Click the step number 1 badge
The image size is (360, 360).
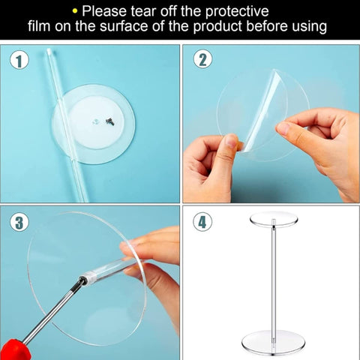(x=19, y=61)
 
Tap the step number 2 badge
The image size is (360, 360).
(x=202, y=59)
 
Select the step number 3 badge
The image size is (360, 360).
(x=19, y=222)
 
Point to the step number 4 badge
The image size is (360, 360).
(x=202, y=222)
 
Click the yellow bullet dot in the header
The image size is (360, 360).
(x=74, y=11)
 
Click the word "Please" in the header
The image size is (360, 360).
(x=104, y=11)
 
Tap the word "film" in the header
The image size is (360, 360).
(x=39, y=25)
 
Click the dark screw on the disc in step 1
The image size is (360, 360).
(x=109, y=121)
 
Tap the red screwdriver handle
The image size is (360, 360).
(x=16, y=349)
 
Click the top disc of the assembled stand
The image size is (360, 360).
(x=274, y=219)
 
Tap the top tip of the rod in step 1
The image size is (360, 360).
(x=49, y=49)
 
